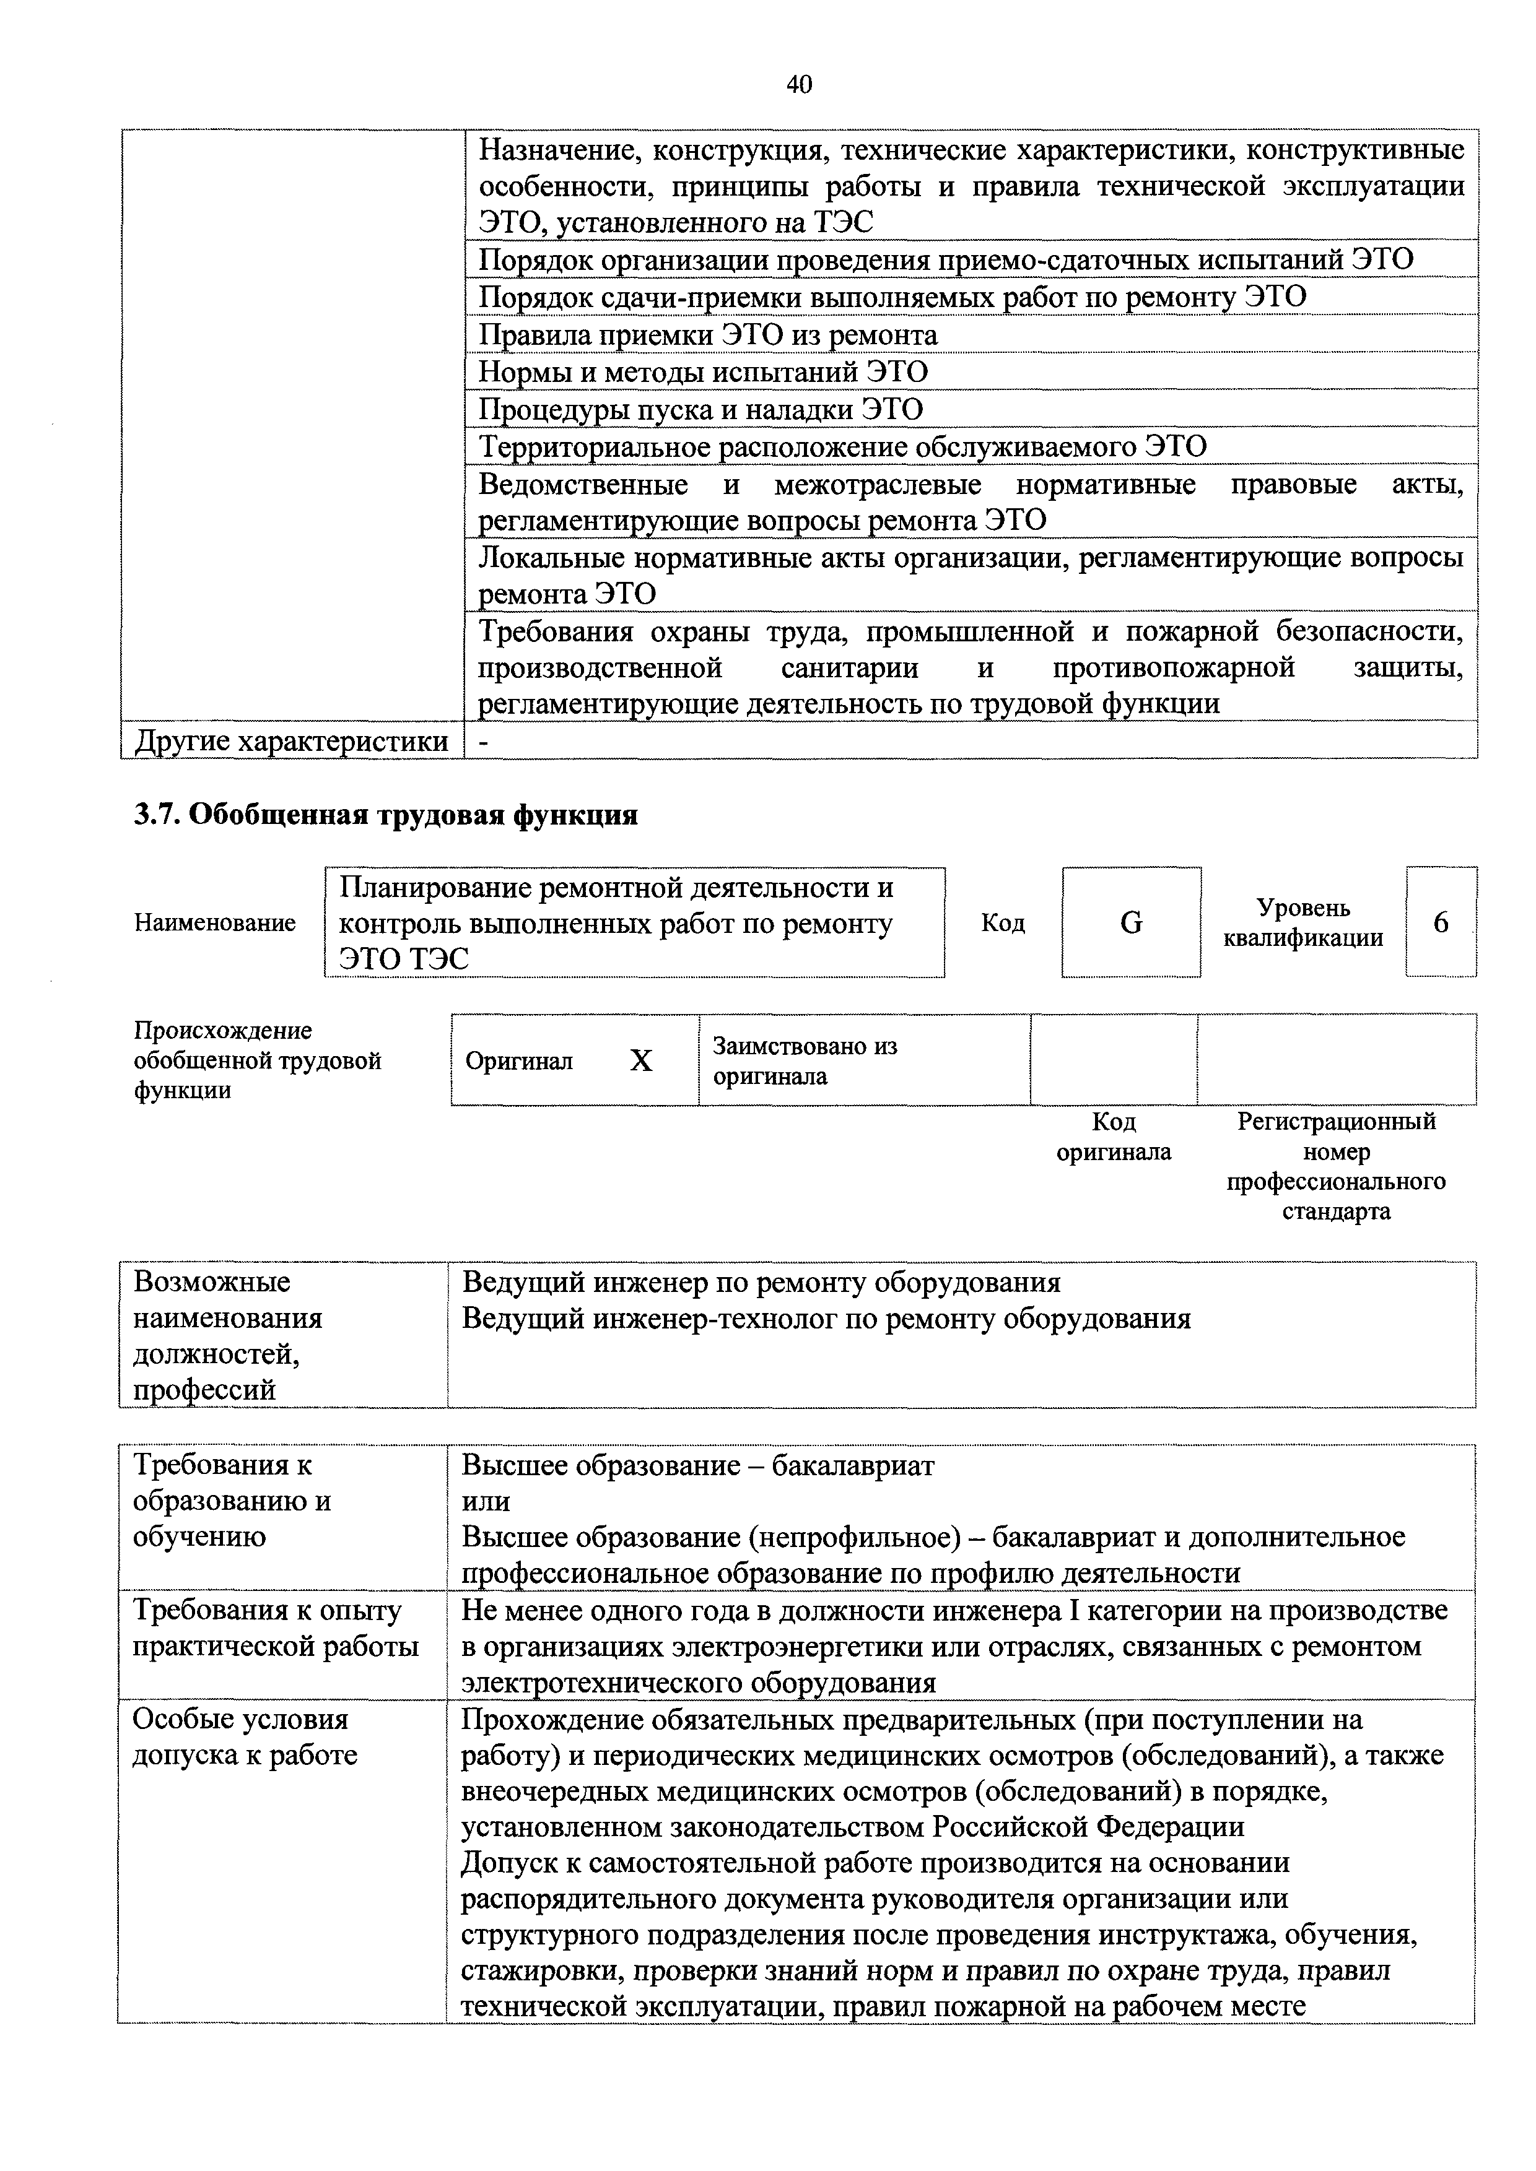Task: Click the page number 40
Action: click(x=798, y=85)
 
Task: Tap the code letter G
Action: click(x=1130, y=922)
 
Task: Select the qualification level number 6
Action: click(x=1441, y=922)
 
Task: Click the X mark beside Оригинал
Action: click(x=641, y=1061)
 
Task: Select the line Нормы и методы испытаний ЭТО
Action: click(x=703, y=371)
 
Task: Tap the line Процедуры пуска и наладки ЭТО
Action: click(x=700, y=409)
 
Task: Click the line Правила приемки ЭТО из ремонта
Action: click(x=707, y=335)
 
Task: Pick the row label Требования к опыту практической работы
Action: click(x=274, y=1628)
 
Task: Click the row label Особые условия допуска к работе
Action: click(x=245, y=1737)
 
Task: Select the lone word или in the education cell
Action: click(x=485, y=1501)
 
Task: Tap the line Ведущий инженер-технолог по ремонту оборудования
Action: click(x=825, y=1318)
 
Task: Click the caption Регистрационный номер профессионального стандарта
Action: click(x=1335, y=1166)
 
